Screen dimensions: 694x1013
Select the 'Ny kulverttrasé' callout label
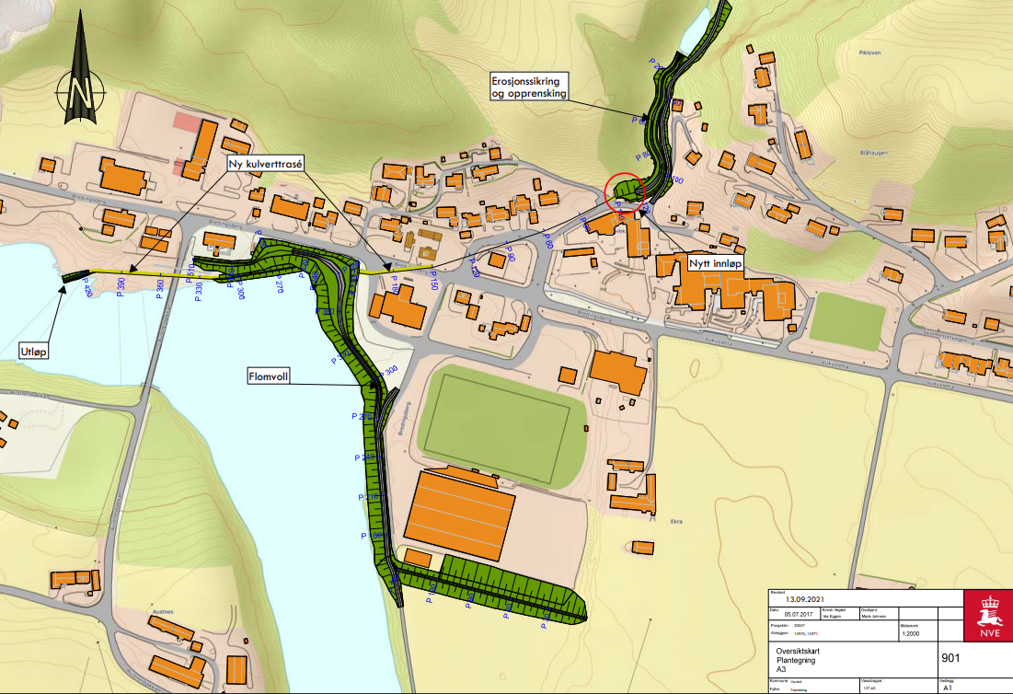click(x=266, y=163)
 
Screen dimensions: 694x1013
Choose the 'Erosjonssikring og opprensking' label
click(x=529, y=87)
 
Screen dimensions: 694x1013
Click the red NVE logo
click(x=987, y=616)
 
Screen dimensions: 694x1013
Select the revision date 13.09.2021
click(x=809, y=596)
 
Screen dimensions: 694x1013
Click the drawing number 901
click(x=953, y=658)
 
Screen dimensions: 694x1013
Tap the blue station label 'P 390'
click(x=125, y=287)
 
